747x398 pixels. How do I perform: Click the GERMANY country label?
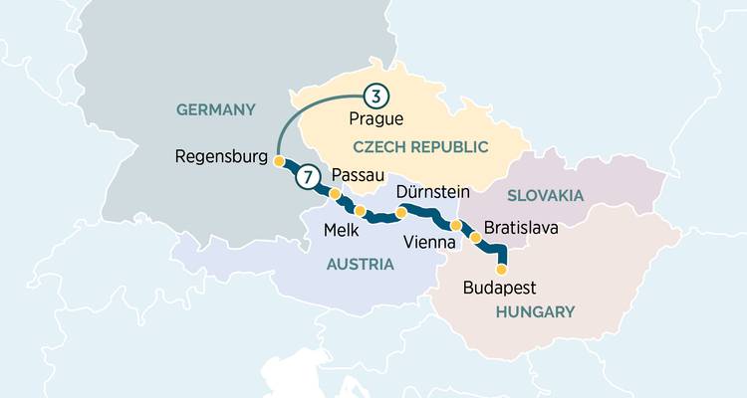(x=216, y=109)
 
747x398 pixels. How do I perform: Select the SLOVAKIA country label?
(x=545, y=196)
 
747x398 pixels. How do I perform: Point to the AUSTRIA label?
(x=360, y=265)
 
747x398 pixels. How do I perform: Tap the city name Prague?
(x=376, y=119)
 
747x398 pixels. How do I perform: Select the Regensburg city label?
(x=221, y=156)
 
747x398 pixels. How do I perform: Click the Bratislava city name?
(x=522, y=228)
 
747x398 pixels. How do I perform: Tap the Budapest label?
(x=500, y=289)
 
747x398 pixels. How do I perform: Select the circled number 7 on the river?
(x=309, y=177)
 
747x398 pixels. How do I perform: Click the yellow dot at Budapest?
(x=501, y=269)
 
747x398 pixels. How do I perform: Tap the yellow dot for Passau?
(x=336, y=194)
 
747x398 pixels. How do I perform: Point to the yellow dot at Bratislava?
(x=475, y=238)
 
